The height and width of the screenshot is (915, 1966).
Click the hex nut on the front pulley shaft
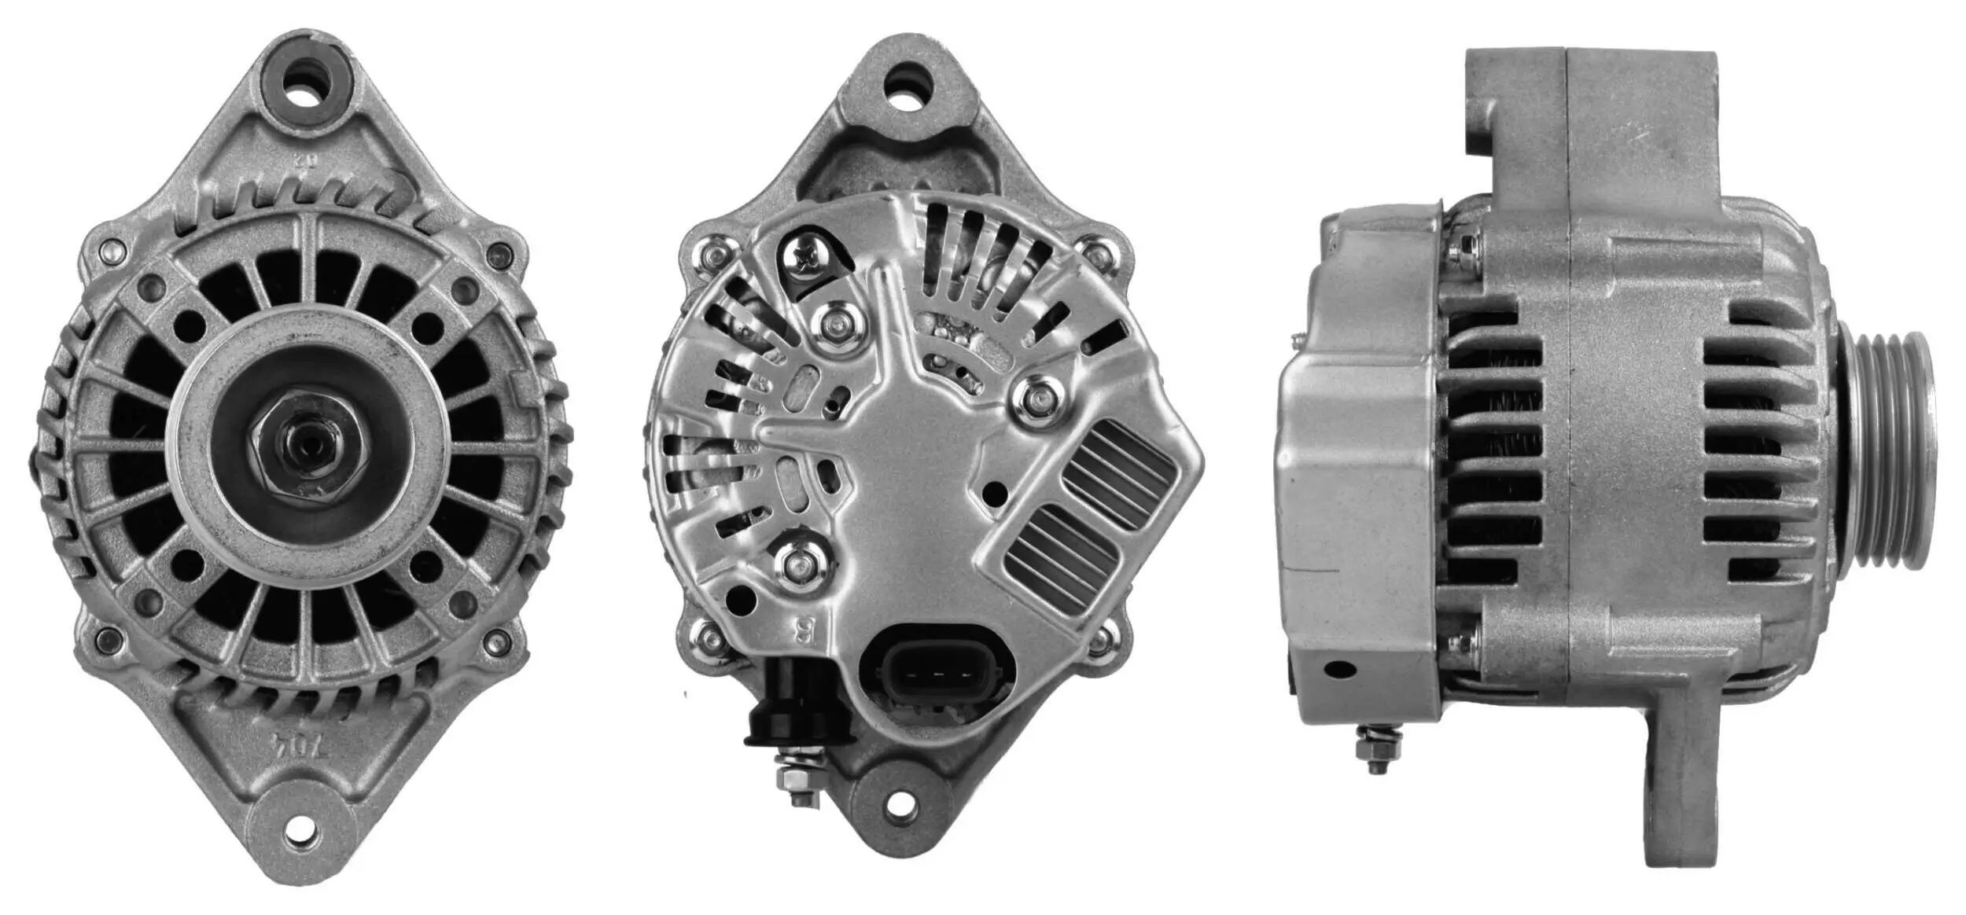tap(309, 457)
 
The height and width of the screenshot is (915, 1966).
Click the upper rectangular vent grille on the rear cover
tap(1119, 472)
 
